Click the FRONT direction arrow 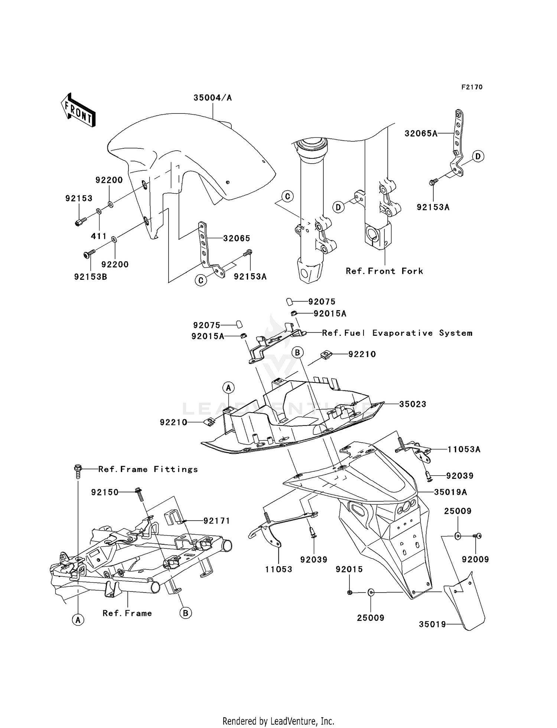78,111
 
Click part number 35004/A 212,98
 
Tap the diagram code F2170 472,87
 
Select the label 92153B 91,277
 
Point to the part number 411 99,236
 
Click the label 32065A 421,134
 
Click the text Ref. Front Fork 384,271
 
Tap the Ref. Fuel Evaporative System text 397,333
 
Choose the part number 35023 413,404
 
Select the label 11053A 464,450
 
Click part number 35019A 450,492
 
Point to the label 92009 475,559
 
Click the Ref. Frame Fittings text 148,469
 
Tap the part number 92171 216,521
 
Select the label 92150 105,492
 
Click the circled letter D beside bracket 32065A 478,157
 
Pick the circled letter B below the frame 185,613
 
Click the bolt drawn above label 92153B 88,254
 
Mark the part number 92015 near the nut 349,569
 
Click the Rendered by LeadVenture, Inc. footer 278,721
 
